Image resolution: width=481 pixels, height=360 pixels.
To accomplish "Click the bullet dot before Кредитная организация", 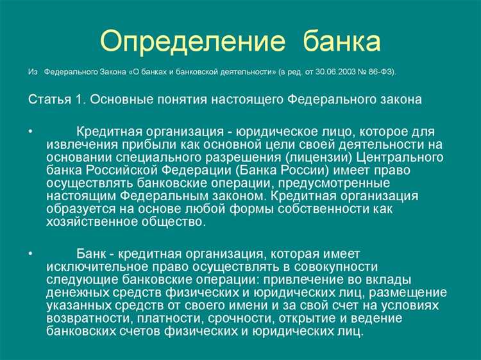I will (x=31, y=132).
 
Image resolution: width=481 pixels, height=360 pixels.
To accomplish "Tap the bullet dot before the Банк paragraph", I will (x=31, y=254).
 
